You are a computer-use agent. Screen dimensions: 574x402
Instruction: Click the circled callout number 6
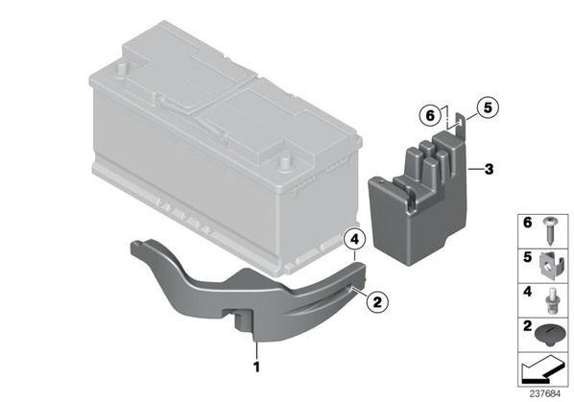click(x=430, y=115)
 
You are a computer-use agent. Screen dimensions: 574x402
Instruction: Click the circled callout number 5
click(x=488, y=107)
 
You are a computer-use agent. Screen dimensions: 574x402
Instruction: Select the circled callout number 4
click(x=354, y=240)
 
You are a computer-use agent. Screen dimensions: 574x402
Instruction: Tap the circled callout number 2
click(x=376, y=302)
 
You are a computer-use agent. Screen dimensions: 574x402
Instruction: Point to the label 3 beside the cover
click(x=489, y=170)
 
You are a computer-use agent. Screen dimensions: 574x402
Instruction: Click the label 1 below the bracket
click(x=256, y=367)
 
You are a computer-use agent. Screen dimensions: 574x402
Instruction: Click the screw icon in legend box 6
click(x=549, y=231)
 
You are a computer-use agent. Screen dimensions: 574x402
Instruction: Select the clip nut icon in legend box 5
click(x=552, y=266)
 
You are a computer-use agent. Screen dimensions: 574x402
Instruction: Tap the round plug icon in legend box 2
click(x=549, y=336)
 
